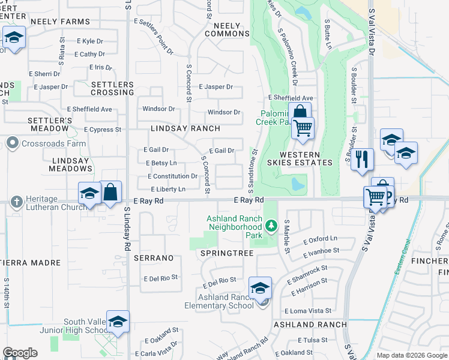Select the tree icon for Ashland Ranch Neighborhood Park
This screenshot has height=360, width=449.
click(271, 227)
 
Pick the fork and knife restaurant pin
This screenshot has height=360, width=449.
click(362, 159)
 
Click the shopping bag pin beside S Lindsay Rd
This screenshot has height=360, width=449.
click(110, 193)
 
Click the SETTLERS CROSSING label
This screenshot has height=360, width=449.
click(112, 88)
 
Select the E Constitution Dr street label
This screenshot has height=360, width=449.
click(172, 176)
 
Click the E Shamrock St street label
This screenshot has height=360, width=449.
click(307, 275)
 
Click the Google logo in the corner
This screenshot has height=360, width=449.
click(20, 353)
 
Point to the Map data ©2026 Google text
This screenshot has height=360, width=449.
click(412, 356)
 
